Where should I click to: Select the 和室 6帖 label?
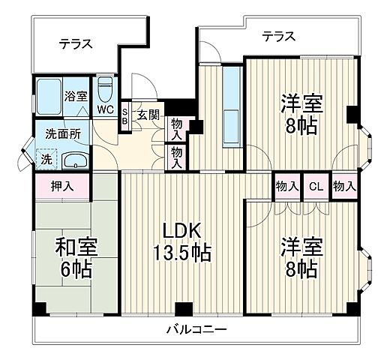click(76, 257)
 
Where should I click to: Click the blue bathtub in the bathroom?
click(49, 96)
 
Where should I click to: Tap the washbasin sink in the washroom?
click(73, 160)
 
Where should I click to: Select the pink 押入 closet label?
click(61, 186)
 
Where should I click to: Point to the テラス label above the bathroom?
click(76, 43)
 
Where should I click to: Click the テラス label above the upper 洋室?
click(277, 35)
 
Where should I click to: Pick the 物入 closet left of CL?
click(286, 186)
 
